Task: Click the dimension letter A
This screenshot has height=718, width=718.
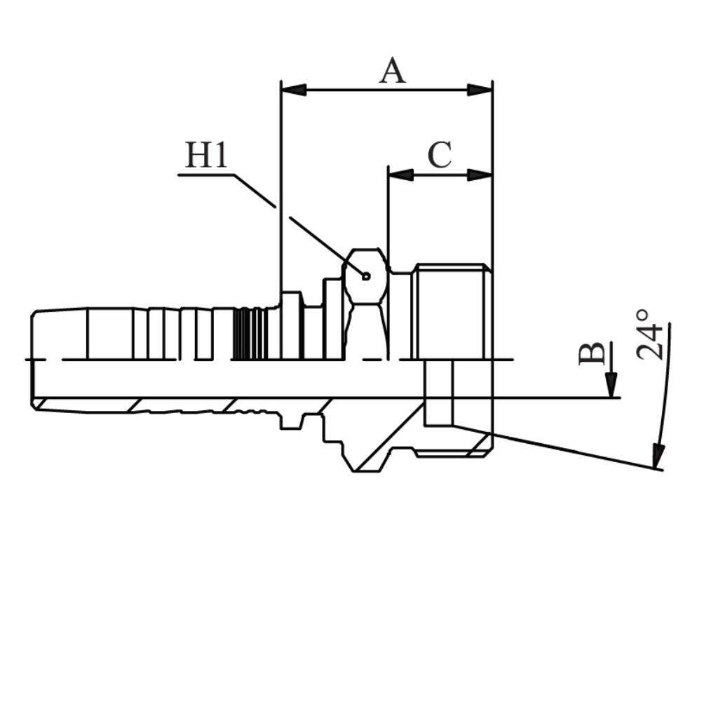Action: point(393,71)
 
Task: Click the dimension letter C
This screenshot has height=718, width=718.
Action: point(440,154)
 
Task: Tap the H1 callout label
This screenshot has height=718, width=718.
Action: point(206,155)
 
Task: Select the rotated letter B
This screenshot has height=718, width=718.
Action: point(591,353)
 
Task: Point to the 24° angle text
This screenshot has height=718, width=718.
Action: point(649,334)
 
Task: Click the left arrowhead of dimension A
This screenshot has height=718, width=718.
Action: point(294,90)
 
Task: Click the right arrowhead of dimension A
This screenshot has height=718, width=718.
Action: point(480,90)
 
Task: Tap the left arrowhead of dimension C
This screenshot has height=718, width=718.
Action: point(400,175)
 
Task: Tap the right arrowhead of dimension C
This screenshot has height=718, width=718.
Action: point(480,175)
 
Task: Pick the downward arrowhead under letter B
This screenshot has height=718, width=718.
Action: point(611,385)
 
